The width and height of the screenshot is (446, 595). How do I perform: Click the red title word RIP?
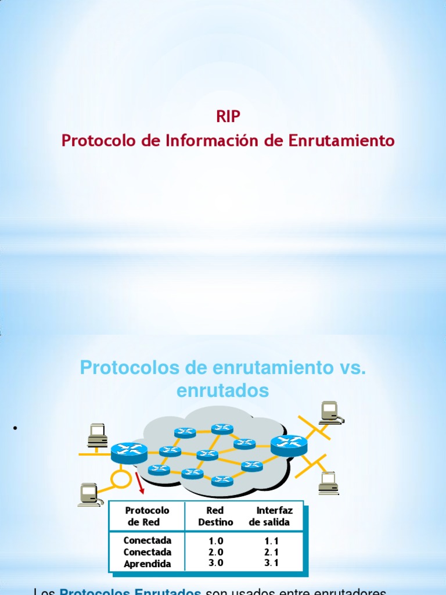(x=228, y=117)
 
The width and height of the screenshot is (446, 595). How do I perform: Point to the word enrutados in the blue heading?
(x=222, y=390)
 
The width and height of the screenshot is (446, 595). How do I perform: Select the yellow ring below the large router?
(x=121, y=478)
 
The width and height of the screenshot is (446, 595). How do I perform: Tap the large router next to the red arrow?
(x=128, y=451)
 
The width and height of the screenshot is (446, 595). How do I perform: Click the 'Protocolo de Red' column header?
(x=148, y=516)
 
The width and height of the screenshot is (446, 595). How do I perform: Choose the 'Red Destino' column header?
(x=215, y=516)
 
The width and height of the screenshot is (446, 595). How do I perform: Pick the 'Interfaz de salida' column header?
(x=271, y=516)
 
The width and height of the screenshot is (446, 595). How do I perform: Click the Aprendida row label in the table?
(x=148, y=564)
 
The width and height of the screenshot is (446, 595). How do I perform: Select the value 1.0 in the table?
(x=216, y=541)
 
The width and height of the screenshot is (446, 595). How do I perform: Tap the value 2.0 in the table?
(x=216, y=552)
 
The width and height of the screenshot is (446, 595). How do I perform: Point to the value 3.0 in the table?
(x=216, y=563)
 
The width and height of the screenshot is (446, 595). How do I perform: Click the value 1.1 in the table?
(x=271, y=541)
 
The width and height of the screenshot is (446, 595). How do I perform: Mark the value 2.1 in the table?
(x=271, y=552)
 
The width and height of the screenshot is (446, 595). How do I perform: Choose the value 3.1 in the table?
(x=271, y=563)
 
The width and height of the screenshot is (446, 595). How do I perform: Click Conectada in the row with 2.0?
(x=148, y=552)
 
